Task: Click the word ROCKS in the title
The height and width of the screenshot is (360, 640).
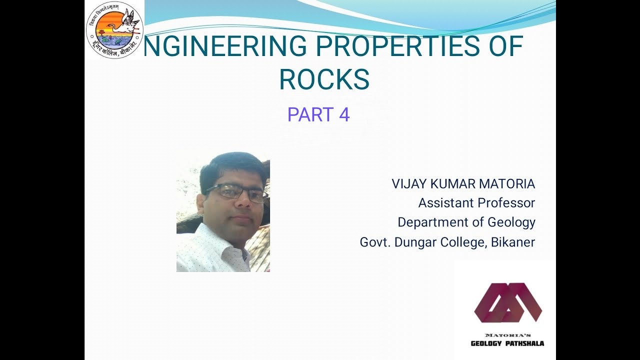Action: [324, 79]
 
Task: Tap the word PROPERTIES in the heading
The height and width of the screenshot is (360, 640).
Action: [394, 46]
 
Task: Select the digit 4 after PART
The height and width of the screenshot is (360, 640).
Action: [344, 114]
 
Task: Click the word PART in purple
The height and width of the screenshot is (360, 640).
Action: [310, 114]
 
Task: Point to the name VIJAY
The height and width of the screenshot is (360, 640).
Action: [407, 184]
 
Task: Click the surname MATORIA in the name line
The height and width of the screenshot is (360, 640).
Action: [507, 184]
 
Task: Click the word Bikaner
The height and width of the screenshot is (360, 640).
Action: [513, 242]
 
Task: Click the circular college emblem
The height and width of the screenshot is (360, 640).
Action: [114, 30]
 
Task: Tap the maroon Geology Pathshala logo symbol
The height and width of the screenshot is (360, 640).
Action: [507, 302]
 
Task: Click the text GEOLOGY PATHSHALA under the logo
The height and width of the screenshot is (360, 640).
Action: [507, 343]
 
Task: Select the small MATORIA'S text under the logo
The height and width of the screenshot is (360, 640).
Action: [507, 334]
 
